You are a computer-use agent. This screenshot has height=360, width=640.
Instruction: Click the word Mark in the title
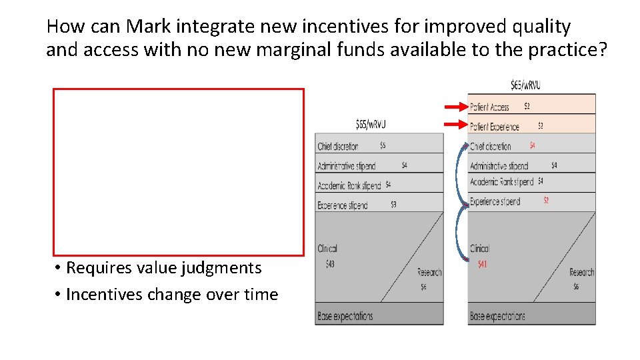pos(150,27)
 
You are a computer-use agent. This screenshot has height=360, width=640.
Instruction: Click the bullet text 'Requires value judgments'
pos(164,268)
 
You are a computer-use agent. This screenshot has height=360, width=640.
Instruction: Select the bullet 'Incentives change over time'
pos(172,294)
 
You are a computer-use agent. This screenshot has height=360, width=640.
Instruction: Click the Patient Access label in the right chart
pos(489,107)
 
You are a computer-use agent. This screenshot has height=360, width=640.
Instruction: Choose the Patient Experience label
pos(494,127)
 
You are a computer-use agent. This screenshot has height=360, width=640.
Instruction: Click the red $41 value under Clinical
pos(482,265)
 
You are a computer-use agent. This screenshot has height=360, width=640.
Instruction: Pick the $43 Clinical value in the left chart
pos(330,265)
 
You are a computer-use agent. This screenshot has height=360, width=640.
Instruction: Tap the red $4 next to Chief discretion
pos(532,145)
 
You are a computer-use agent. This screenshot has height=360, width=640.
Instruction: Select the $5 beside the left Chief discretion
pos(383,145)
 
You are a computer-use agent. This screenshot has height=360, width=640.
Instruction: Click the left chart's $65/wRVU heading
pos(371,124)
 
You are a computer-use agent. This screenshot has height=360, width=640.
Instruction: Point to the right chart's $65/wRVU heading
pos(525,85)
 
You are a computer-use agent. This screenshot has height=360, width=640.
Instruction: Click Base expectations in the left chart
pos(345,316)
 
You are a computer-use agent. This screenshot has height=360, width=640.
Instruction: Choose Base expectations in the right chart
pos(497,316)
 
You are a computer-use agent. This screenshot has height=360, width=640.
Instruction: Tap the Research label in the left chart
pos(429,272)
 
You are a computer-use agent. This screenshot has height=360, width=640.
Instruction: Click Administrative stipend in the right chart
pos(499,166)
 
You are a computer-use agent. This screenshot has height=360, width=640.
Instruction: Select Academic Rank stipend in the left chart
pos(349,185)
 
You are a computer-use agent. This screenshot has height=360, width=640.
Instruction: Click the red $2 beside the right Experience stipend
pos(545,200)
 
